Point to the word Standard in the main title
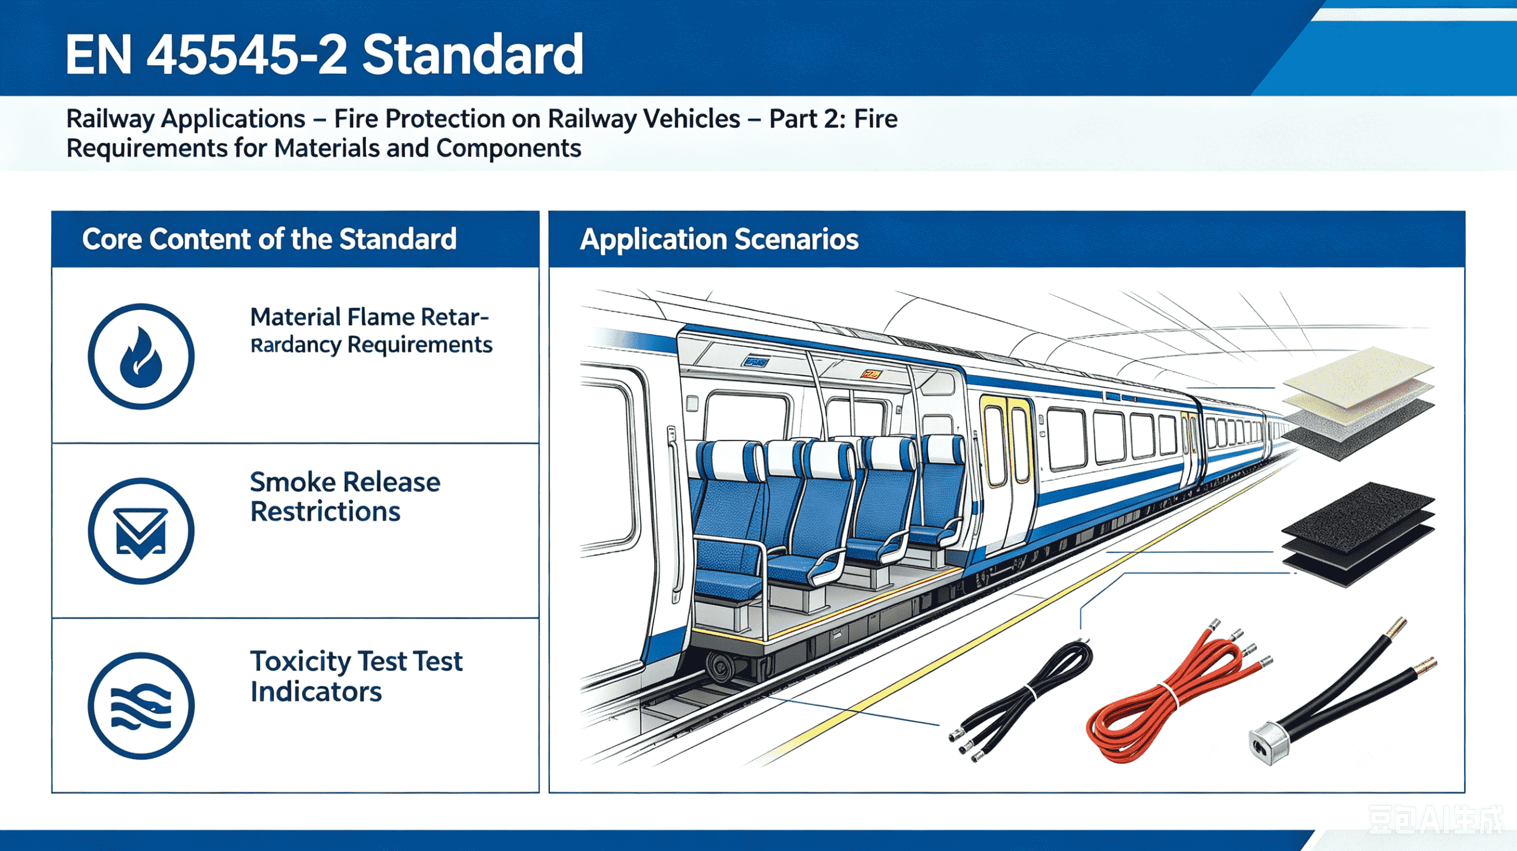473,54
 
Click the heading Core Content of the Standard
269,239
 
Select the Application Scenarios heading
719,239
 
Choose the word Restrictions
325,511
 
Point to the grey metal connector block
1268,743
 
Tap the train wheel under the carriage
720,667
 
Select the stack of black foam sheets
1358,533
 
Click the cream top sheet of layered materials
1358,376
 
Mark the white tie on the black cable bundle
1032,693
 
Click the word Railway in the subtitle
109,119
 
